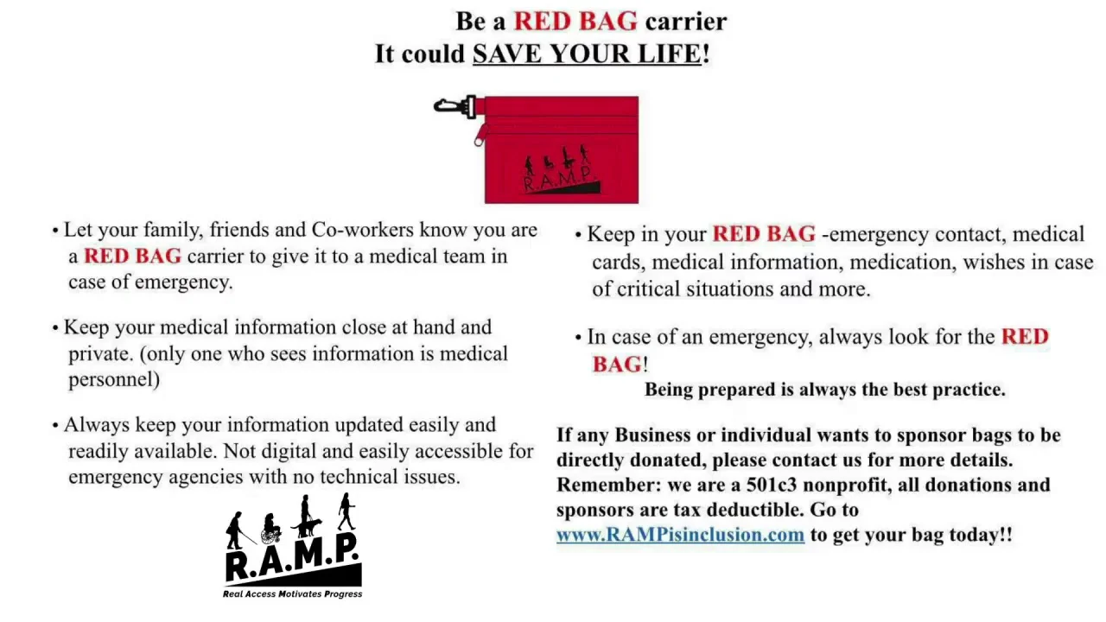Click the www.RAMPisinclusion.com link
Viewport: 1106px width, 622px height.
680,535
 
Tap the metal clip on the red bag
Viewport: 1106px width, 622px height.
454,106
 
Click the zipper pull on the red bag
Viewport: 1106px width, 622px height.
480,136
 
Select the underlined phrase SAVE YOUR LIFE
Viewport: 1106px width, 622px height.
587,54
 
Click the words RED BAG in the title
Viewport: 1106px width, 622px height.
575,22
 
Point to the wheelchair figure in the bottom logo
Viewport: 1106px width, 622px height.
270,528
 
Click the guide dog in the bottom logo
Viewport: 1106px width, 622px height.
308,528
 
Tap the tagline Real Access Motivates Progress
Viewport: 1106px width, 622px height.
292,593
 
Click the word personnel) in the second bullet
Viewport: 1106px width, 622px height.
114,379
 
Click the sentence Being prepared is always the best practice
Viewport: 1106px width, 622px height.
825,390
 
